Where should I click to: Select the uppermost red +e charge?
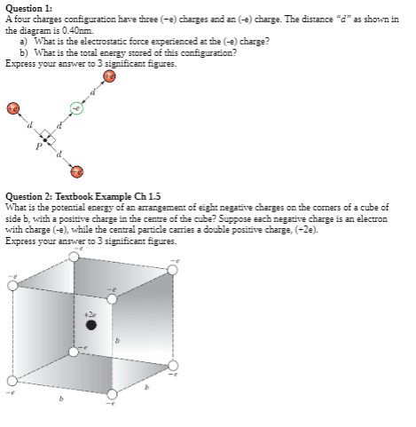(x=109, y=77)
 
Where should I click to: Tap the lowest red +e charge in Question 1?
(x=77, y=170)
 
